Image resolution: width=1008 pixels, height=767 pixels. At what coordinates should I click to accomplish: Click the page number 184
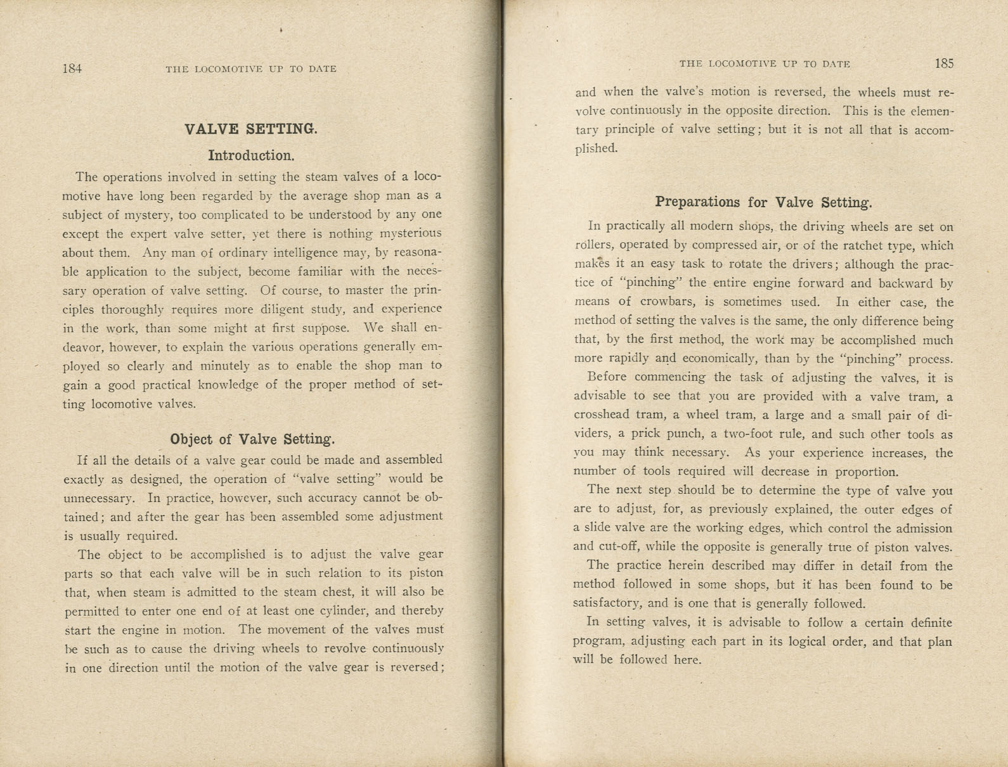point(72,68)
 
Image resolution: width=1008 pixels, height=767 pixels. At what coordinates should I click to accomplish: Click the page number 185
point(943,63)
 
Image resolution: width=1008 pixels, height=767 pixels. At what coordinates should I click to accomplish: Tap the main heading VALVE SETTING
point(250,129)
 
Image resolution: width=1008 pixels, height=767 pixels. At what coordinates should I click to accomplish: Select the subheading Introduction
point(251,155)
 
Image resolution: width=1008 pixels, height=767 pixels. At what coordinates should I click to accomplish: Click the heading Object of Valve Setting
point(252,439)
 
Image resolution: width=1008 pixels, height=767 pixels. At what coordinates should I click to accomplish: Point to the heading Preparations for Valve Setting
point(763,202)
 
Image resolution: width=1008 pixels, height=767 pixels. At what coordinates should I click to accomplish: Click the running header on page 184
point(251,68)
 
